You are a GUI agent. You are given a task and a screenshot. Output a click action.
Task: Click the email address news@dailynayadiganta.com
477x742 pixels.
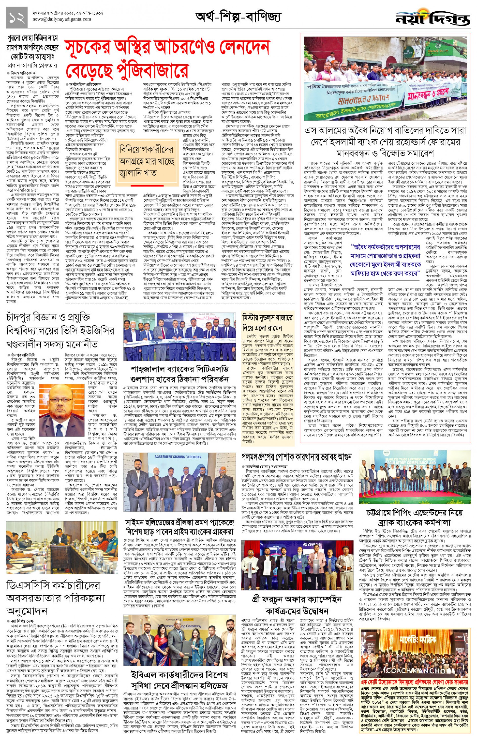click(x=62, y=19)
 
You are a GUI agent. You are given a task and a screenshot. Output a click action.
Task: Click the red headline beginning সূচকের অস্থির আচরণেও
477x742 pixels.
click(x=167, y=59)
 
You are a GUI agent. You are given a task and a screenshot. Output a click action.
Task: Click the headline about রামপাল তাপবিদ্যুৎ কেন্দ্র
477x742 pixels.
click(x=33, y=48)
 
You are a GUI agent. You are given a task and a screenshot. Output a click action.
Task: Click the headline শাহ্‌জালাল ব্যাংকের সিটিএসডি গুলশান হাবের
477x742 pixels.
click(x=179, y=374)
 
